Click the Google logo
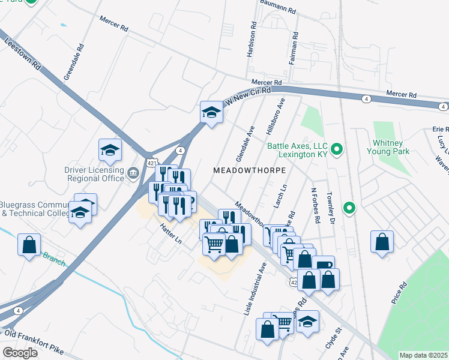[20, 353]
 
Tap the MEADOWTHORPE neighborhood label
[249, 171]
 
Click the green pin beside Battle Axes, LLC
[337, 149]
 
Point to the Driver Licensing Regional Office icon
[133, 173]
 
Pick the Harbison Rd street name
[251, 41]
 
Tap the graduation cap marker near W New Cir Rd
[211, 112]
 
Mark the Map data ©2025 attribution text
[423, 355]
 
